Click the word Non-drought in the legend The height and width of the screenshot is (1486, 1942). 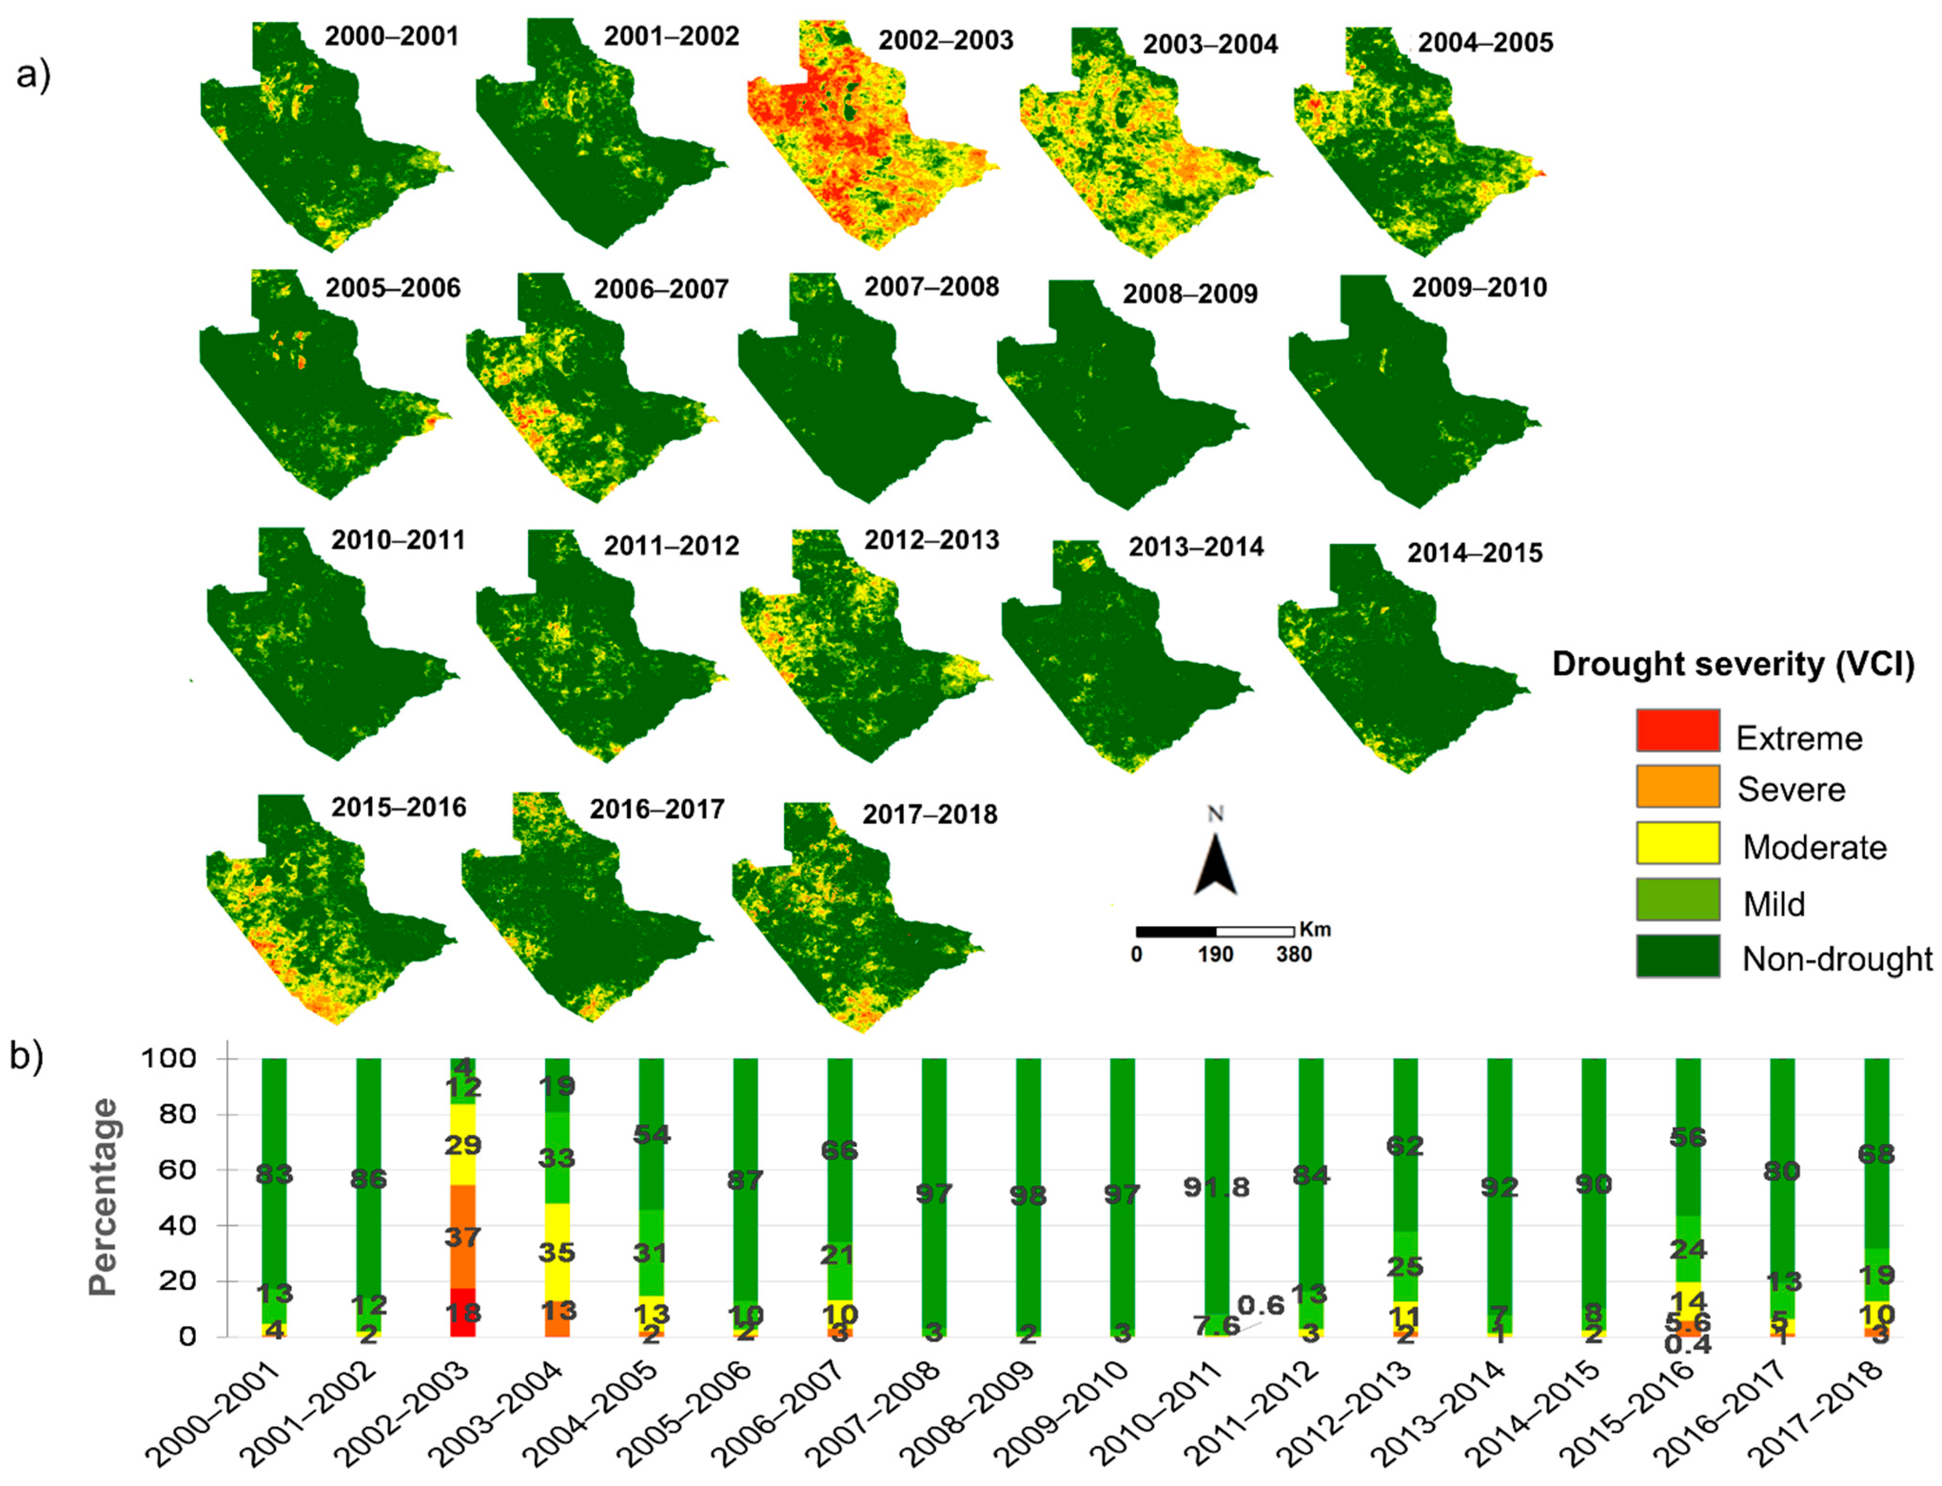(x=1837, y=959)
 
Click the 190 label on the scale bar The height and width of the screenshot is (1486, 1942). (x=1215, y=955)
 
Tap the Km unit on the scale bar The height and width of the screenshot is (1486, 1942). (x=1315, y=930)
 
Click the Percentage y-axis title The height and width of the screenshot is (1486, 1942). (x=103, y=1197)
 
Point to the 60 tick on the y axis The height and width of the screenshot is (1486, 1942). (x=159, y=1170)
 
